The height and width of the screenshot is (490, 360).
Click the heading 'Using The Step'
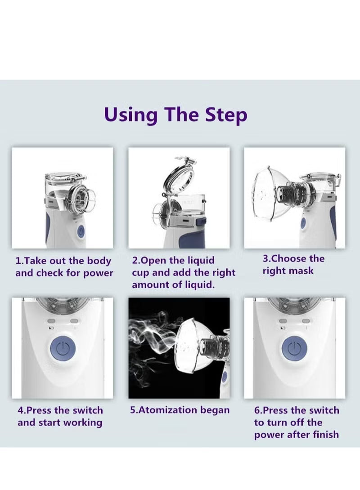[x=176, y=115]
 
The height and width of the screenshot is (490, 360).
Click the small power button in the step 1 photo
[x=81, y=232]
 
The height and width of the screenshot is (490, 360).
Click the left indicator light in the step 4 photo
[x=51, y=321]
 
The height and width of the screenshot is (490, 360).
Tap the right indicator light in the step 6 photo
[x=306, y=321]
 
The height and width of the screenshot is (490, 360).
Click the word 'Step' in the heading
[x=226, y=116]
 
